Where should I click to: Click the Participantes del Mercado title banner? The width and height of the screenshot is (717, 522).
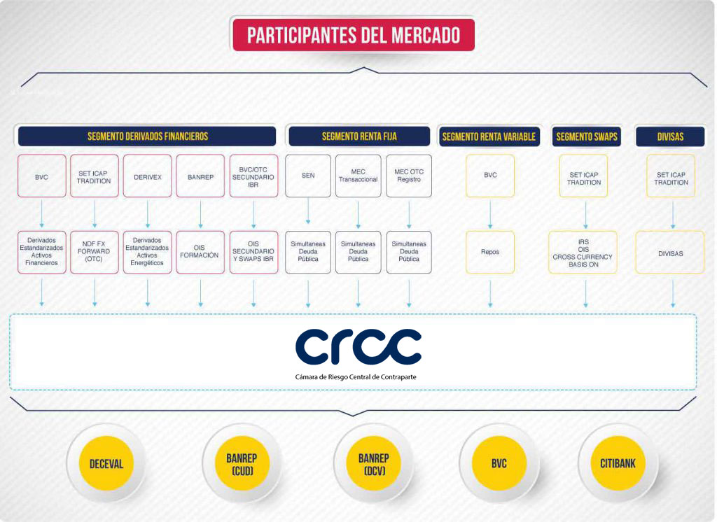354,35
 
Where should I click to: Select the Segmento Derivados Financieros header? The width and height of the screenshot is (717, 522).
147,136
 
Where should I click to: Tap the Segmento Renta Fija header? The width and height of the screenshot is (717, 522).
359,136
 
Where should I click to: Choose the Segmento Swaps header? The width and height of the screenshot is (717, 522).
586,136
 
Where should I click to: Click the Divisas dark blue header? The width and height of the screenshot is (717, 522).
670,136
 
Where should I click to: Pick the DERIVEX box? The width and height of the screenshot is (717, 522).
147,176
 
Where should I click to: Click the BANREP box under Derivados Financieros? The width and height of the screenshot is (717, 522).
200,176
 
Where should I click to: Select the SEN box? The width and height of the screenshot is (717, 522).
308,176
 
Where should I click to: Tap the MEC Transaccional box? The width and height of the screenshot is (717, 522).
358,176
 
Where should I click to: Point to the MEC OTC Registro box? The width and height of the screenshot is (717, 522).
409,176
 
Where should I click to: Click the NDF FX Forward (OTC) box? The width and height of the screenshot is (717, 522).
95,253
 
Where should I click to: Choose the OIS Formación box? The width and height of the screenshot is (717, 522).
200,253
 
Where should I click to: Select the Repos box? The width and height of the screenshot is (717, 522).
490,253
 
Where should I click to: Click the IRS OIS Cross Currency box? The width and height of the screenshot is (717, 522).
583,253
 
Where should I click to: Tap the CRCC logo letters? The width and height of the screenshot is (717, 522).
358,347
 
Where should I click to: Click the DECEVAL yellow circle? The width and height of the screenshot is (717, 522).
106,463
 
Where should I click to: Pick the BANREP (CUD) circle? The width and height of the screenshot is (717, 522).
242,463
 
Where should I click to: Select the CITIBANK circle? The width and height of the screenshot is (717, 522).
618,463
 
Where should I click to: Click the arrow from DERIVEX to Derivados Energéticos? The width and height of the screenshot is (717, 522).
147,214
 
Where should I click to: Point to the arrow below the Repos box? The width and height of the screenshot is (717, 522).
490,293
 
